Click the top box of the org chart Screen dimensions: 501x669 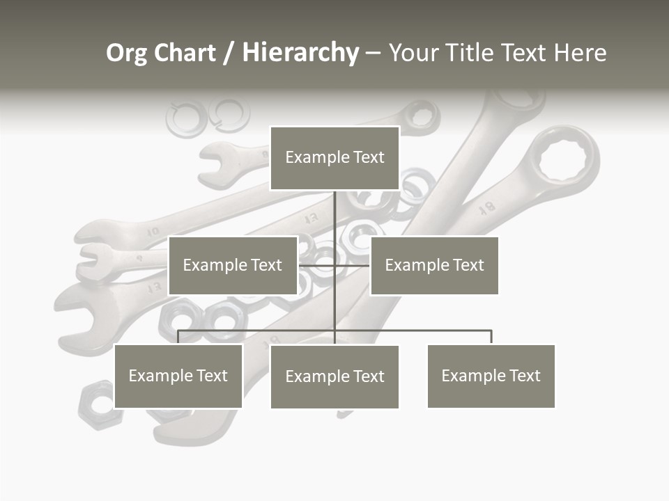click(334, 158)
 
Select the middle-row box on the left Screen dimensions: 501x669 click(233, 265)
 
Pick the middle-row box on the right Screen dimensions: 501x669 click(434, 265)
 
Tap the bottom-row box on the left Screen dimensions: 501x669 click(178, 376)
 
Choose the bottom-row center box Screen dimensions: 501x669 click(334, 376)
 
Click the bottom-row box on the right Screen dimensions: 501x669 click(491, 376)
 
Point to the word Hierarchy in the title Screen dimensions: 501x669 click(300, 53)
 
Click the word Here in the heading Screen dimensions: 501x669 click(580, 53)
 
